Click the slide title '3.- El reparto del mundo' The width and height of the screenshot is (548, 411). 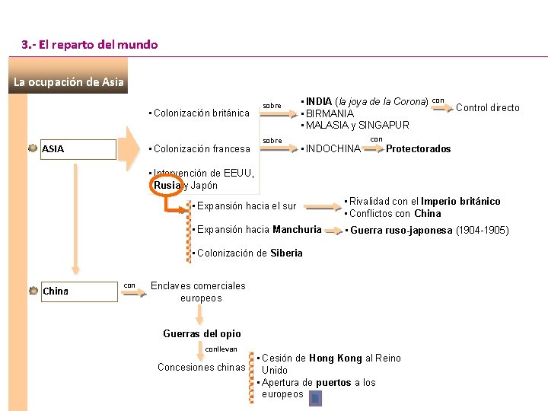click(x=90, y=45)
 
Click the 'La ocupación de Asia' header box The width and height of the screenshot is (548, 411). click(x=68, y=82)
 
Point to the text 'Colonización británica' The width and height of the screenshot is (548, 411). click(x=201, y=113)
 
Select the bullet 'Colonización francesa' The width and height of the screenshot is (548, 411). click(x=201, y=149)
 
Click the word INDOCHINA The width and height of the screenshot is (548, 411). click(x=333, y=149)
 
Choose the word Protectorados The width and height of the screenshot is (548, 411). click(x=418, y=149)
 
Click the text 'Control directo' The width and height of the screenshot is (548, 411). click(x=487, y=108)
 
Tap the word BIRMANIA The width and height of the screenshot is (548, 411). click(x=329, y=113)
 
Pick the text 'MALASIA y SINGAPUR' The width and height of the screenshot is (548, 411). click(x=357, y=125)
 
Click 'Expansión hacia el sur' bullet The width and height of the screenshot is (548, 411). click(x=245, y=206)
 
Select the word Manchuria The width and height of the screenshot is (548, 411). click(x=297, y=230)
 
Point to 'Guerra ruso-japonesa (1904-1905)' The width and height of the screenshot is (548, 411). click(x=429, y=231)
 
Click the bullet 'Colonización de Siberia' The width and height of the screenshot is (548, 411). click(x=248, y=253)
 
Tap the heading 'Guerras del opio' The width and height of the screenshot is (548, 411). click(x=202, y=333)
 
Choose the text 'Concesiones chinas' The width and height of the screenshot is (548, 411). click(x=201, y=368)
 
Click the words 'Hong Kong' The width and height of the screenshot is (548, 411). click(x=336, y=358)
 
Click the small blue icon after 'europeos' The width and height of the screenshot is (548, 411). click(x=316, y=398)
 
